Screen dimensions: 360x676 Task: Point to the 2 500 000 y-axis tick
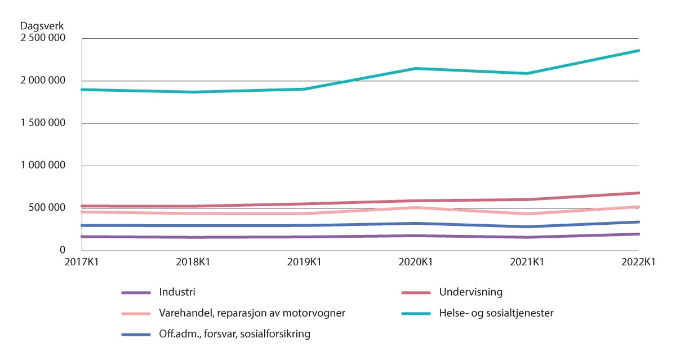(43, 38)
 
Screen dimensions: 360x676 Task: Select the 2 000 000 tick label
(43, 81)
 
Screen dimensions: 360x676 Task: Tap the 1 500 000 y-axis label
(43, 123)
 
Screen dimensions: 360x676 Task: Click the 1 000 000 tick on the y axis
(43, 166)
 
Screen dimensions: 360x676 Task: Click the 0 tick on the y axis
(63, 250)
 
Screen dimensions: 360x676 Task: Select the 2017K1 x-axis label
(82, 262)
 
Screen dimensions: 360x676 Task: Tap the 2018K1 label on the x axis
(193, 262)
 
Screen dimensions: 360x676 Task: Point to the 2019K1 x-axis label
(305, 262)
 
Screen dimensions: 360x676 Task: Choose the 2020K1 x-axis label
(416, 262)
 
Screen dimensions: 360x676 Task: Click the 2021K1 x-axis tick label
(527, 262)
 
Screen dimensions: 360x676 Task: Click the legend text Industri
(177, 292)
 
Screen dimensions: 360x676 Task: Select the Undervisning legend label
(470, 292)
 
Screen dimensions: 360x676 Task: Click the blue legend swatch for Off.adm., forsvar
(136, 334)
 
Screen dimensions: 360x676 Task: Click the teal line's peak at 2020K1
(416, 68)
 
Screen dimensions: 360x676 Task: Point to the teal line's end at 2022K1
(638, 51)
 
